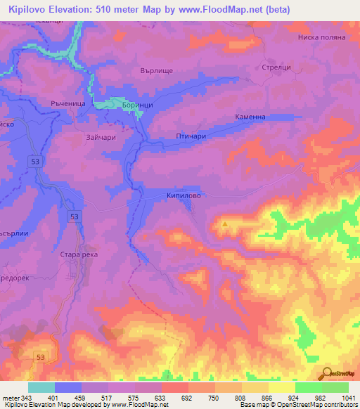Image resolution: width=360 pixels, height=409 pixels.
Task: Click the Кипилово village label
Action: tap(184, 196)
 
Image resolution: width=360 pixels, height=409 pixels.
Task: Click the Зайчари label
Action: tap(101, 138)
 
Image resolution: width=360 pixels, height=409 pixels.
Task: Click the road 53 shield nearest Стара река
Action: tap(74, 217)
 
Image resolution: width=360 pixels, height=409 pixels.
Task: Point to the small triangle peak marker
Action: tap(225, 225)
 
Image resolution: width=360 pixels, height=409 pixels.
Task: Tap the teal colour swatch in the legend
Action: tap(41, 387)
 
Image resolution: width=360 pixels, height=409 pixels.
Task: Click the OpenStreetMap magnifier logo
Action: tap(327, 374)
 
